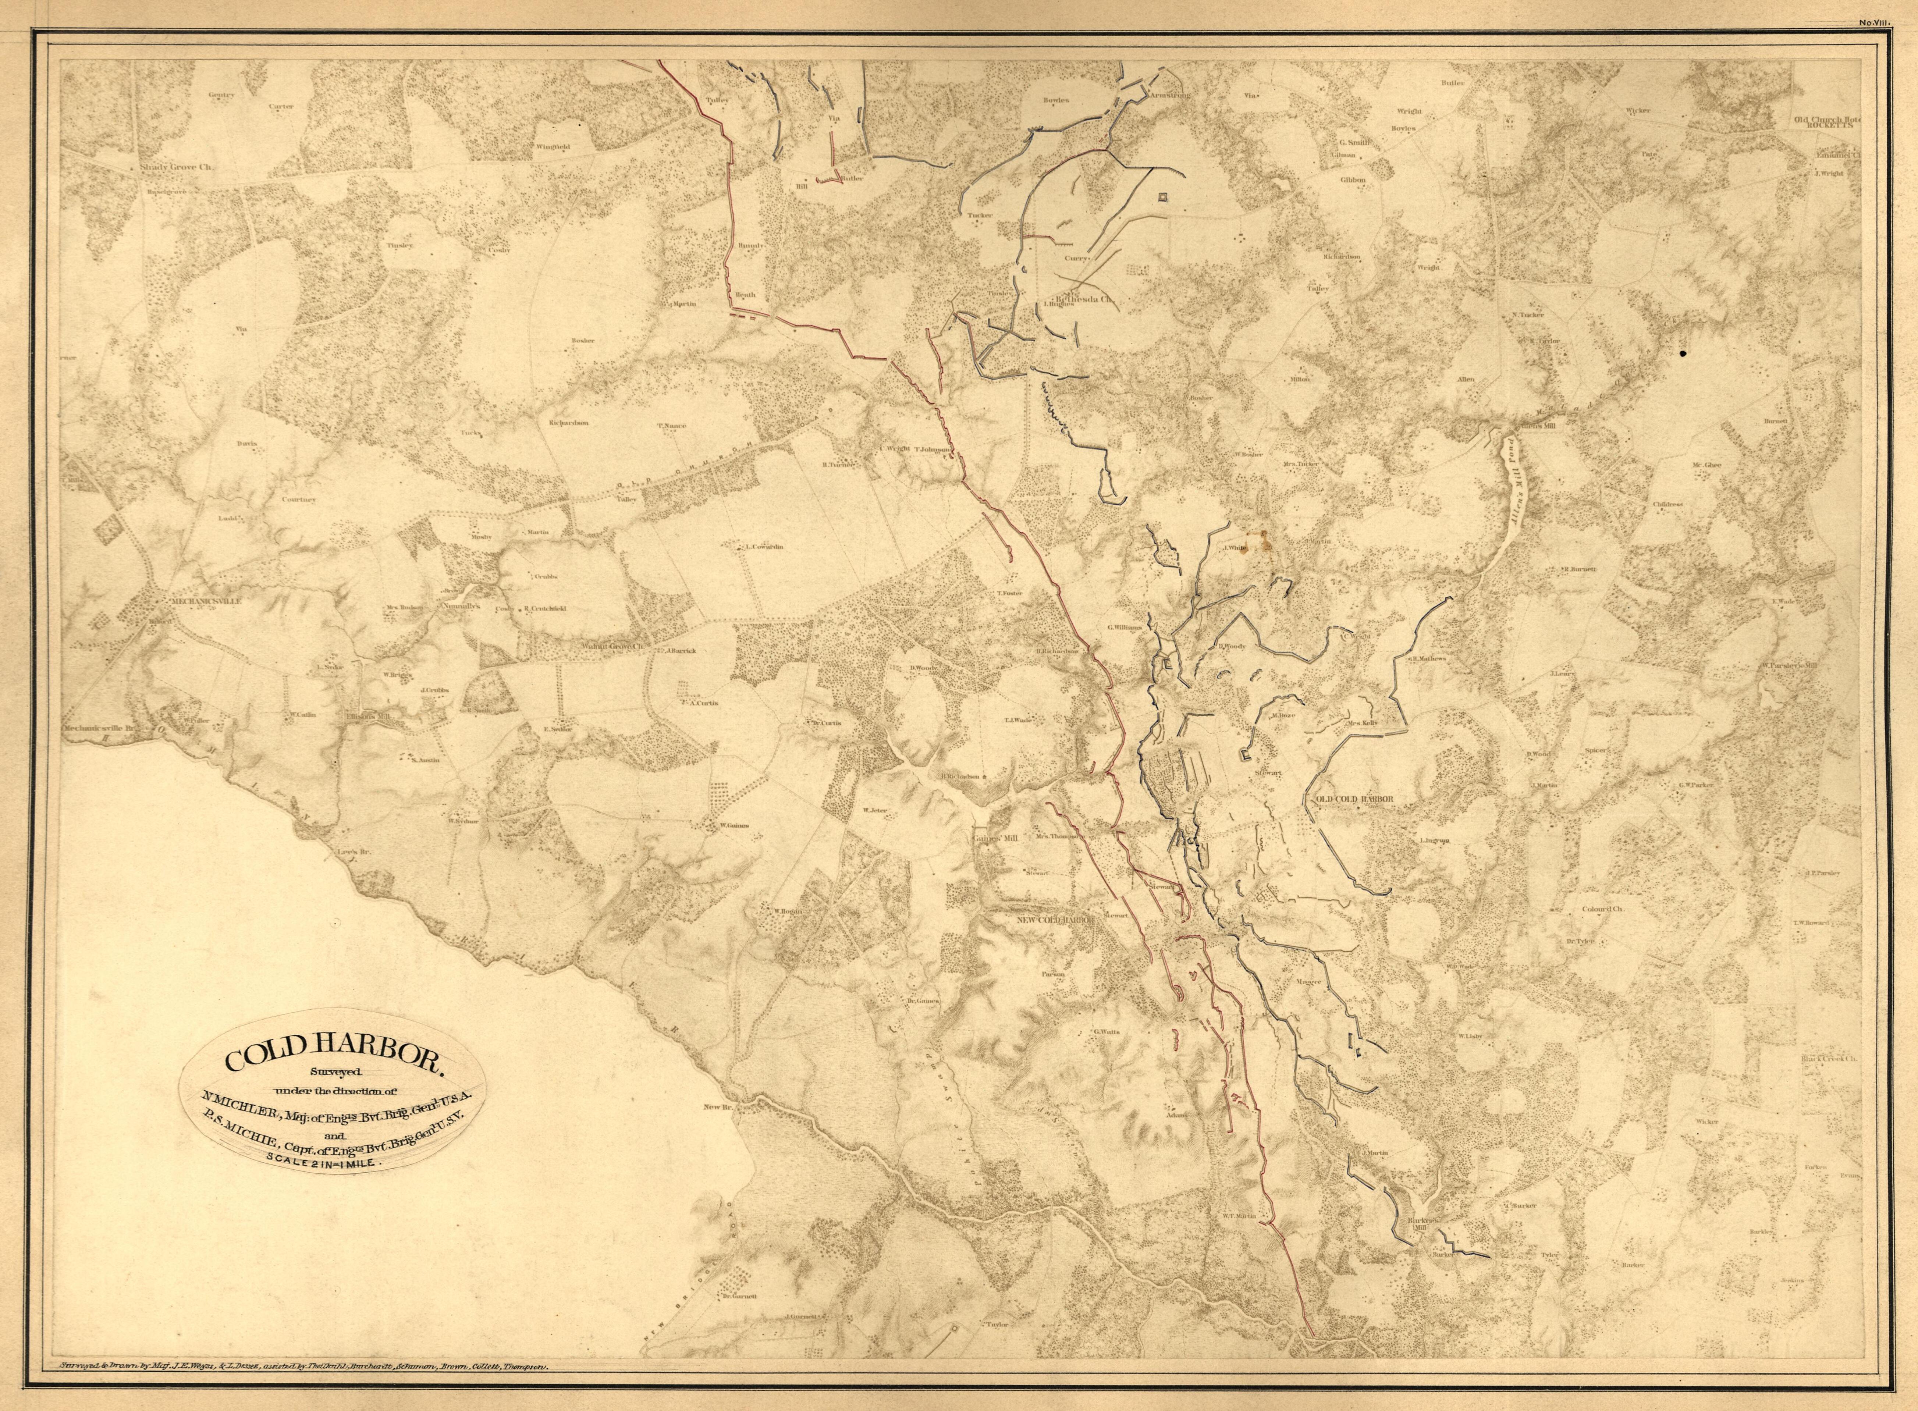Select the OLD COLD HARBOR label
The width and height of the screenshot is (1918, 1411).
pos(1354,799)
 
